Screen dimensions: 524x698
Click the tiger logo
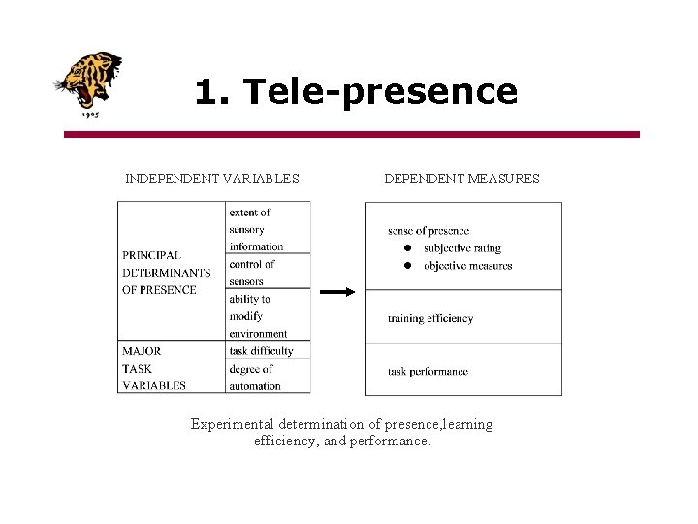point(88,83)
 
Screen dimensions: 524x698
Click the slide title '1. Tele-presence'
point(356,91)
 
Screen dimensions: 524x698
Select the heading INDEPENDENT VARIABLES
point(212,179)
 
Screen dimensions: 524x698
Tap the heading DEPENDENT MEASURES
point(461,179)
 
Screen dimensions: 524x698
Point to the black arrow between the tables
point(338,290)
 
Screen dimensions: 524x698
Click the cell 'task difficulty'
point(261,351)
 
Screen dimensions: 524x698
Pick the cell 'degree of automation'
point(254,377)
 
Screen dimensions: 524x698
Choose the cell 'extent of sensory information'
point(256,229)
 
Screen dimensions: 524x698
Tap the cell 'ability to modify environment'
point(258,315)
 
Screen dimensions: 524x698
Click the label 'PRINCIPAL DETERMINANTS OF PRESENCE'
point(166,273)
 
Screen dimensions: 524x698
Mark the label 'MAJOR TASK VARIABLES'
point(153,368)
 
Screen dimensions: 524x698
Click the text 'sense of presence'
point(428,231)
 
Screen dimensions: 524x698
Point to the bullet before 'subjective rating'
point(408,248)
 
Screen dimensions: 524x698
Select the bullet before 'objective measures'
point(408,265)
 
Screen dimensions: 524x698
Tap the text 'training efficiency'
point(430,318)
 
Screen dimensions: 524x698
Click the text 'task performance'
point(428,371)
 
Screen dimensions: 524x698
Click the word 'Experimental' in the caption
point(232,424)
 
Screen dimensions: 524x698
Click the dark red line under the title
point(352,134)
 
